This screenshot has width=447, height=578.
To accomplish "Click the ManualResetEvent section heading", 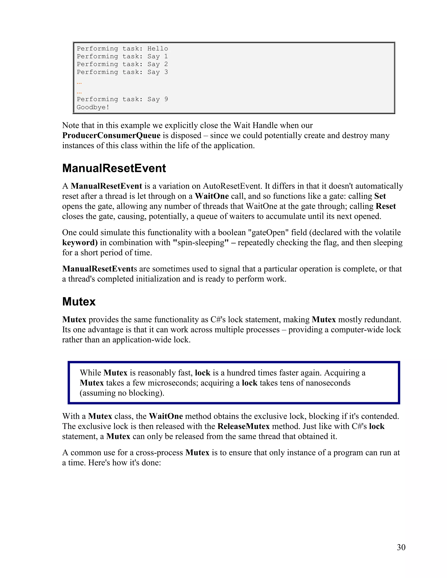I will point(114,168).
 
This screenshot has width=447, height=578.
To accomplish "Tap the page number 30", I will point(401,547).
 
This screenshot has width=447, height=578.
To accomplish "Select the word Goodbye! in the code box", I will point(93,107).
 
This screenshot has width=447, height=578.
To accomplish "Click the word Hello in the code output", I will point(158,49).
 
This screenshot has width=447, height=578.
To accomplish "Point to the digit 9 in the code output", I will point(166,99).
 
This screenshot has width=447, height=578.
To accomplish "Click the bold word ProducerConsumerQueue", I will point(111,135).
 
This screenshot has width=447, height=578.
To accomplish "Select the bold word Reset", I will point(386,206).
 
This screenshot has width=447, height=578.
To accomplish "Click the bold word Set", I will point(380,196).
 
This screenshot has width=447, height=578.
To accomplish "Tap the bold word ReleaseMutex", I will point(244,426).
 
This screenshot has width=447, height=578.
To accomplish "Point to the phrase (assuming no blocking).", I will point(122,393).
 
